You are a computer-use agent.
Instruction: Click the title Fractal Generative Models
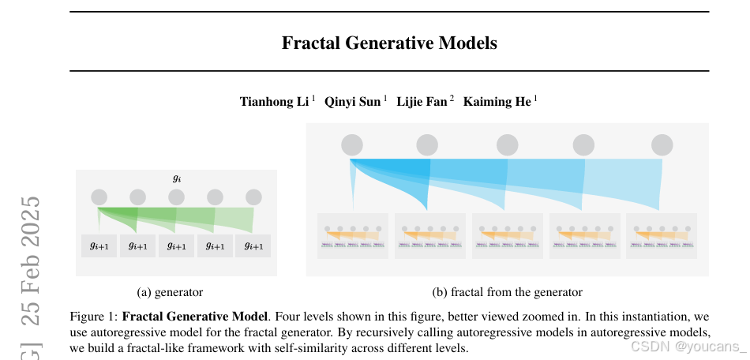[x=389, y=43]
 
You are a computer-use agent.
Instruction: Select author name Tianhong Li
[x=274, y=101]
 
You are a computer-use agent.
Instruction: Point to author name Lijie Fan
[x=422, y=101]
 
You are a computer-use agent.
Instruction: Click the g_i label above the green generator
[x=177, y=178]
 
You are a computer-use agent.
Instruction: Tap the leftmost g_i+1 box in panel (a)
[x=99, y=246]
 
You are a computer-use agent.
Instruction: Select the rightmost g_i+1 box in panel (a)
[x=253, y=246]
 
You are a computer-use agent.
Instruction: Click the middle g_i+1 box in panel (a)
[x=177, y=246]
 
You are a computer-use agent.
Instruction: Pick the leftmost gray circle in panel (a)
[x=99, y=197]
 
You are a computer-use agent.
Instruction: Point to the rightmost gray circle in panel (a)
[x=253, y=197]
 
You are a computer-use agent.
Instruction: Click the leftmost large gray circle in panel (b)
[x=352, y=145]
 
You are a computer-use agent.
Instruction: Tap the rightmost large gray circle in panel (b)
[x=662, y=145]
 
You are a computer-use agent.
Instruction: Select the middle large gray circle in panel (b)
[x=507, y=145]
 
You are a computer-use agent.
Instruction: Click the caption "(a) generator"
[x=170, y=292]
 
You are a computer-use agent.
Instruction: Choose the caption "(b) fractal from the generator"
[x=507, y=292]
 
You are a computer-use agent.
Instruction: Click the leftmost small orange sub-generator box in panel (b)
[x=352, y=236]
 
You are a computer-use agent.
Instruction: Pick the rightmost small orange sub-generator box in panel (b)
[x=662, y=236]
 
